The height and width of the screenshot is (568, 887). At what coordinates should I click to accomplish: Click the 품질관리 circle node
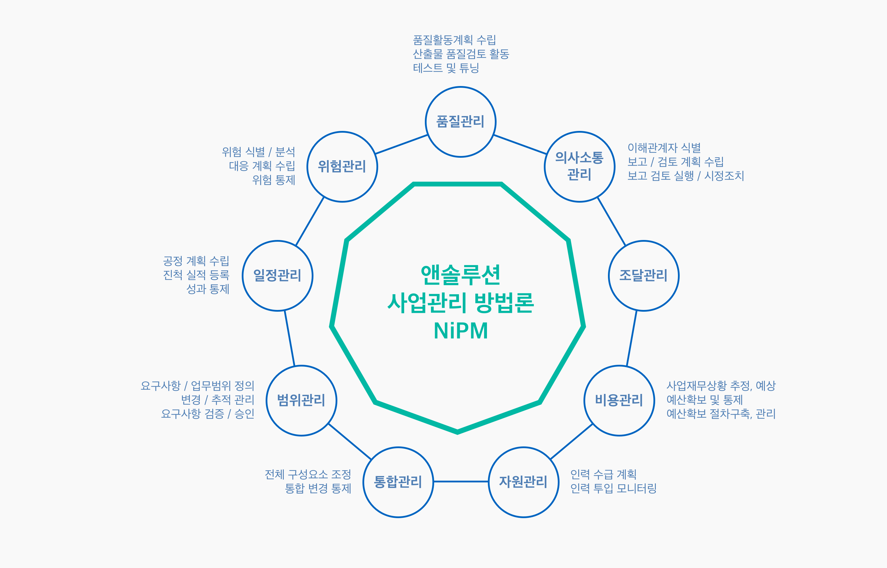(x=460, y=122)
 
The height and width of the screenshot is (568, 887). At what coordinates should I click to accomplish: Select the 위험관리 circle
(x=342, y=167)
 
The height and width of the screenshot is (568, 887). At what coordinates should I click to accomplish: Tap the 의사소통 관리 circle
(x=579, y=167)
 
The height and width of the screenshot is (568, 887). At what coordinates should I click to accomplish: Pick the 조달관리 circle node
(x=643, y=276)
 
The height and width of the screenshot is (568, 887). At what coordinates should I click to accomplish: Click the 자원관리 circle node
(x=523, y=482)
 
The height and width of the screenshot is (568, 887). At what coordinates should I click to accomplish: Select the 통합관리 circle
(x=398, y=482)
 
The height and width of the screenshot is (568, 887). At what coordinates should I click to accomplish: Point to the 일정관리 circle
(x=277, y=276)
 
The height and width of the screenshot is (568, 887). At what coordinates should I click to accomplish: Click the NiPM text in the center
(x=461, y=331)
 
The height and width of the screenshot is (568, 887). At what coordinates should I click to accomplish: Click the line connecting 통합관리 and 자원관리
(x=461, y=481)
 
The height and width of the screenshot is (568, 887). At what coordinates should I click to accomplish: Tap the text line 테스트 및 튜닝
(x=446, y=68)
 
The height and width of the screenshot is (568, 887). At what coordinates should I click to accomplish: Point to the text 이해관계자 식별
(x=664, y=148)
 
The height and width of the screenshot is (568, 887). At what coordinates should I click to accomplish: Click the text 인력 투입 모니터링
(x=613, y=488)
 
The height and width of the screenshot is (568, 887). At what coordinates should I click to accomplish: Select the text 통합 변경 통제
(x=318, y=488)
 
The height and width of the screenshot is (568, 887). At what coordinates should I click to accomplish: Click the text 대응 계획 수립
(x=262, y=166)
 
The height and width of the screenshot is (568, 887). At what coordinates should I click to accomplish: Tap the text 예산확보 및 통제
(x=704, y=400)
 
